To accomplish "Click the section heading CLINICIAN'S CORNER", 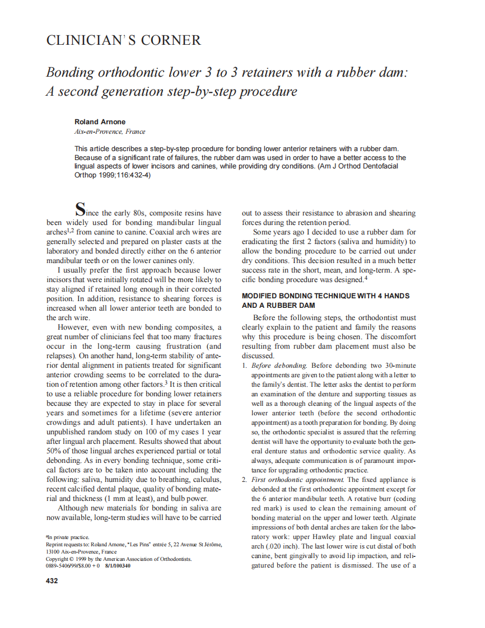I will tap(123, 40).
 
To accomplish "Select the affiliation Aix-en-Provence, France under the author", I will tap(110, 132).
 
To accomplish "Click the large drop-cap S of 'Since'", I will tap(81, 211).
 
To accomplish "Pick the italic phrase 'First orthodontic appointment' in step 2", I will tap(297, 480).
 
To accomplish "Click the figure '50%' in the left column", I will tap(54, 451).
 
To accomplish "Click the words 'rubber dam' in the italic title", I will tap(370, 73).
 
